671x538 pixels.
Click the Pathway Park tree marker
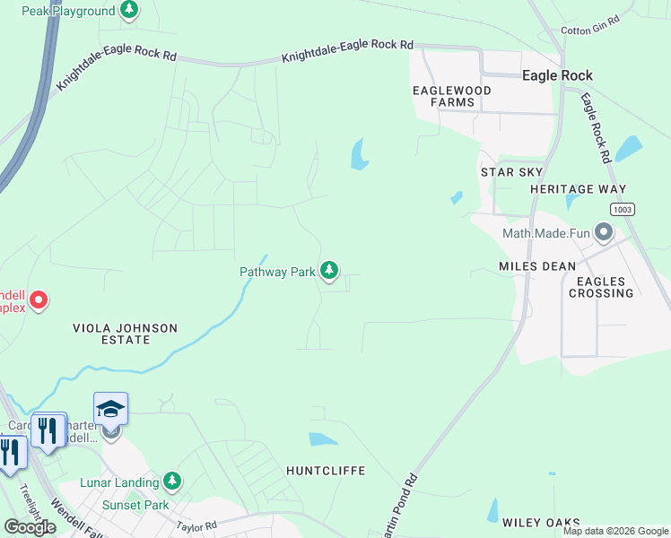tap(329, 270)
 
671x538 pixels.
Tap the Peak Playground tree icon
tap(130, 10)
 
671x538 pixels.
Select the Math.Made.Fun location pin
tap(603, 234)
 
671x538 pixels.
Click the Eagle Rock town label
tap(557, 75)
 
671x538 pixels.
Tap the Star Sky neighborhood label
tap(512, 172)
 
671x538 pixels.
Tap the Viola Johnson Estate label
tap(126, 334)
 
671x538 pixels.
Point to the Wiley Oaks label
tap(541, 523)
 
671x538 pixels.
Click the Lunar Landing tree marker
tap(171, 482)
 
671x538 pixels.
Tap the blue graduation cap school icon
tap(110, 409)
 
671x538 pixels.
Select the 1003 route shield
tap(623, 209)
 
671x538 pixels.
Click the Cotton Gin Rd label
tap(590, 25)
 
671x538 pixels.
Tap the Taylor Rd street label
tap(197, 525)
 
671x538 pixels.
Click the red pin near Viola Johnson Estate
tap(39, 300)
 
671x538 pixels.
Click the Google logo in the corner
tap(30, 527)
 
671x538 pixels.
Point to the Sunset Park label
tap(135, 505)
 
